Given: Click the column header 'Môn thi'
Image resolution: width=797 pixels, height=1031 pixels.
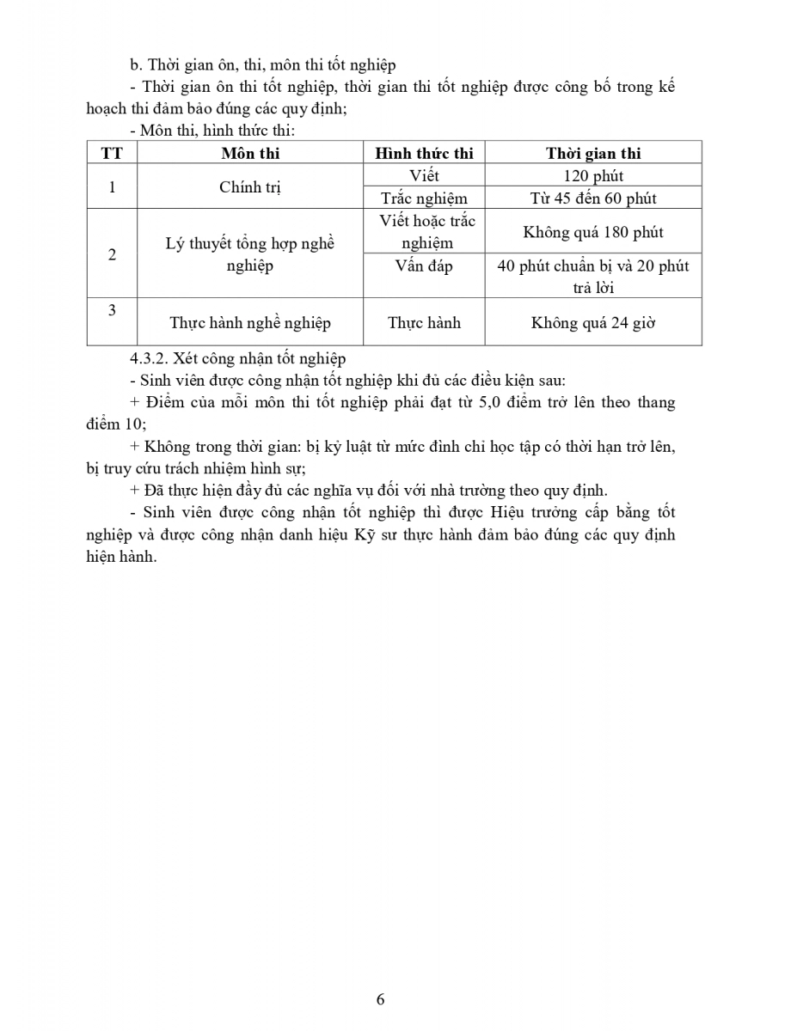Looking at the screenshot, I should (x=250, y=154).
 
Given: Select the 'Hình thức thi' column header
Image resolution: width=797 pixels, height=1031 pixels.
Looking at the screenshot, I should (x=424, y=154).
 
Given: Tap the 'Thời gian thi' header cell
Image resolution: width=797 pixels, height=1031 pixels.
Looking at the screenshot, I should (x=593, y=154).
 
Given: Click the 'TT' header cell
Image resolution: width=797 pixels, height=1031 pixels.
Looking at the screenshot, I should (x=112, y=154).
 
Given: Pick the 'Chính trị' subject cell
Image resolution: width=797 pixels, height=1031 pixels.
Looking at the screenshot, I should (x=250, y=187).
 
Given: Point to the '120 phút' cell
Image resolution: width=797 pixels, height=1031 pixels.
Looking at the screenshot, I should (x=593, y=176).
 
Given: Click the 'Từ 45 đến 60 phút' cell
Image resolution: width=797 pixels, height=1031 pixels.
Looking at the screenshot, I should (x=593, y=198).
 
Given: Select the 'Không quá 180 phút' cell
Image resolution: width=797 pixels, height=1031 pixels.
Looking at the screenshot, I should (x=593, y=232).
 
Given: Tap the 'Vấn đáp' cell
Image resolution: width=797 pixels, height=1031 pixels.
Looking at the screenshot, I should (x=424, y=266).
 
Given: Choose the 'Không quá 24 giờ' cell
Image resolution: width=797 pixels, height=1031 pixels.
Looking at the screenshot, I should (x=593, y=323).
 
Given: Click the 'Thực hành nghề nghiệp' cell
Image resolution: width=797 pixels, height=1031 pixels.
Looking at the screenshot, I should (x=250, y=323).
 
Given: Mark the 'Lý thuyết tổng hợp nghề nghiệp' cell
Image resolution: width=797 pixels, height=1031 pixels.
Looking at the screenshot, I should (x=250, y=254).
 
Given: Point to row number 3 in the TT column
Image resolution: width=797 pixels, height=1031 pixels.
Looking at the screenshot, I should (x=112, y=310).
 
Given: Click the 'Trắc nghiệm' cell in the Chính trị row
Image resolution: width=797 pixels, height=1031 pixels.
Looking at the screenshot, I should (x=424, y=198).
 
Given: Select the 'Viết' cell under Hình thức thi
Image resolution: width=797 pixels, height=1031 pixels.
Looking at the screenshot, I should (x=424, y=176).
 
